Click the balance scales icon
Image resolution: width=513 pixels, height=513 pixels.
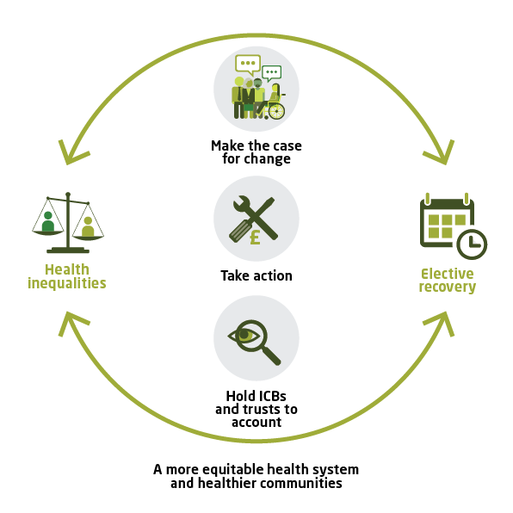point(67,218)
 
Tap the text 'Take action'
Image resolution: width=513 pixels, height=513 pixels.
point(256,275)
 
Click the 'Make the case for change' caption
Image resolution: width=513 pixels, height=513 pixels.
point(256,152)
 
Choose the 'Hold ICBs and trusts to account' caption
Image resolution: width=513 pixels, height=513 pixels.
point(256,409)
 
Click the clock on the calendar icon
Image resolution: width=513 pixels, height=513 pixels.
point(471,244)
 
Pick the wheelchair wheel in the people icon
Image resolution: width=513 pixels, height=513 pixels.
point(275,111)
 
